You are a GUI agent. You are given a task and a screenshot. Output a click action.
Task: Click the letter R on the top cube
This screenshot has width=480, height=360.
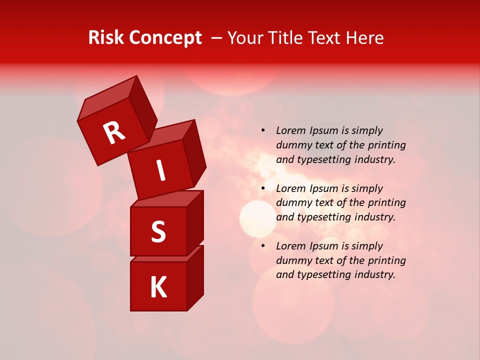pyautogui.click(x=114, y=132)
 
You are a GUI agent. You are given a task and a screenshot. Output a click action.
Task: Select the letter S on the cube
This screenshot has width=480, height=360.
pyautogui.click(x=158, y=231)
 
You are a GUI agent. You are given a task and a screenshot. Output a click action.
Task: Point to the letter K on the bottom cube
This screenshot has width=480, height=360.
pyautogui.click(x=158, y=287)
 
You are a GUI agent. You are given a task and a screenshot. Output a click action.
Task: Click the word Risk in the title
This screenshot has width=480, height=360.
pyautogui.click(x=106, y=38)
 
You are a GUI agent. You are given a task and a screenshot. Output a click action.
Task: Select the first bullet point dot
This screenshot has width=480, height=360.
pyautogui.click(x=263, y=131)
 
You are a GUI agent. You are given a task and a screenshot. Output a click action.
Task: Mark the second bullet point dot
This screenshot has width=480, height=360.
pyautogui.click(x=263, y=189)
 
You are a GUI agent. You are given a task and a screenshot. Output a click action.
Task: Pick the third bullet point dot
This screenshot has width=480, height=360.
pyautogui.click(x=263, y=246)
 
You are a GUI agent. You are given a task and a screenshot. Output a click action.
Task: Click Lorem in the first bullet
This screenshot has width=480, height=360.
pyautogui.click(x=290, y=131)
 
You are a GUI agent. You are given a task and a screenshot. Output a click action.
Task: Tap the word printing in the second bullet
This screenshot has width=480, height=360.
pyautogui.click(x=387, y=203)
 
